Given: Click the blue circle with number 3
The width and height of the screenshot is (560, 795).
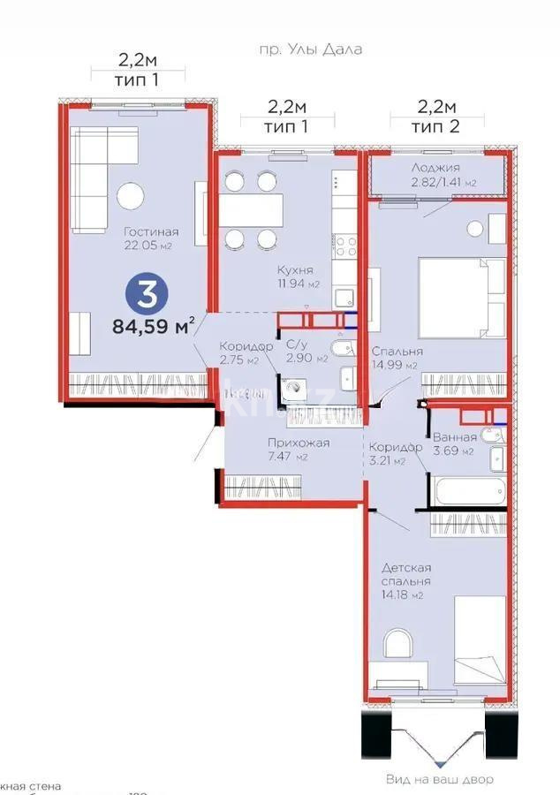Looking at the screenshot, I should [143, 292].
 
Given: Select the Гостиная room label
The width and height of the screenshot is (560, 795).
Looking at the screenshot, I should [147, 231].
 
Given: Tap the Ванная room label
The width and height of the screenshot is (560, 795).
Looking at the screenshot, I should [454, 436].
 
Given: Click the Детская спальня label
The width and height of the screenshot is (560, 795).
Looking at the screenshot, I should [406, 574].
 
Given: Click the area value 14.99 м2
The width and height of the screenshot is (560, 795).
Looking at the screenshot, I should [395, 364].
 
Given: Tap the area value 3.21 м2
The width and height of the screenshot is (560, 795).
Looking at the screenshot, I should [387, 460].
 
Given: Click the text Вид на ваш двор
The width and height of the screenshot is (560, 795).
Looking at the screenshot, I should [439, 779].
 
